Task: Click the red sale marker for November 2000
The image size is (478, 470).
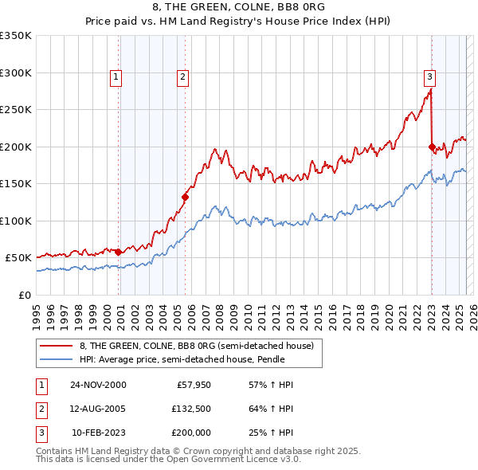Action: pos(119,252)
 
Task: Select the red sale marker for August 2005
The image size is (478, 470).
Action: pos(185,197)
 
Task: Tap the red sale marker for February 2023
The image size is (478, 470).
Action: pos(432,147)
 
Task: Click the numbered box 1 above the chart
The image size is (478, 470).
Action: pos(116,77)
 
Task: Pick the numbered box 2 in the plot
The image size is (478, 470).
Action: pos(182,77)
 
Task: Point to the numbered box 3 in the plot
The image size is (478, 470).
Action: pos(429,77)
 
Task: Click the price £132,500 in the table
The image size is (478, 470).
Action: pos(190,409)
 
